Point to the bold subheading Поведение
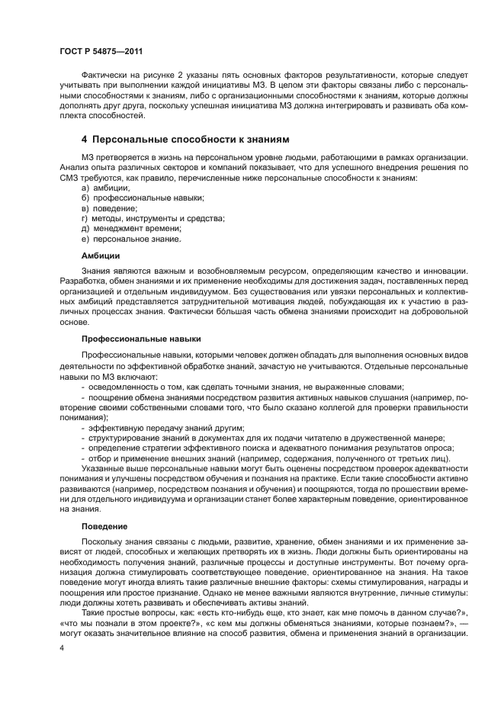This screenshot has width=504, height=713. pos(104,526)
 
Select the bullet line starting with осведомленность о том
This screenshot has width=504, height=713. pos(246,387)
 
